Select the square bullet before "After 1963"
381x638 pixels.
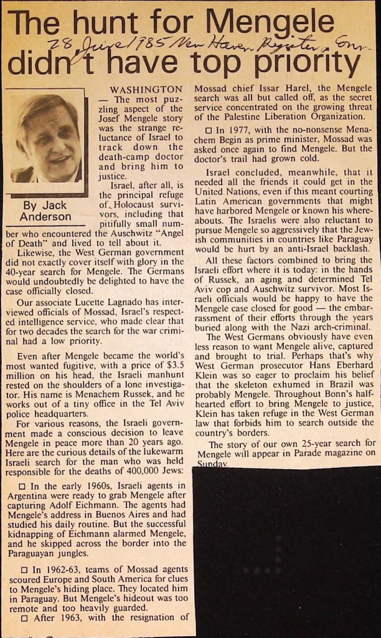pos(24,618)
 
